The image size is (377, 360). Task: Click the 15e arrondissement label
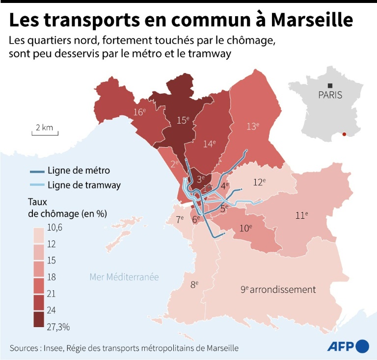pos(183,120)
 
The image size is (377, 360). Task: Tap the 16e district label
pos(139,112)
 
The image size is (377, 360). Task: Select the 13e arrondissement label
pos(252,126)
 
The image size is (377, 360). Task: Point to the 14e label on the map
pos(210,144)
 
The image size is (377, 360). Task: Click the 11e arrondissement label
pos(301,215)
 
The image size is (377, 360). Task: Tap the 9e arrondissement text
pos(278,289)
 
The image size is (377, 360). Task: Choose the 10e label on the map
pos(245,228)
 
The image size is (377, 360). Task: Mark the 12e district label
pos(259,182)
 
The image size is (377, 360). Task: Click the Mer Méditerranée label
pos(124,277)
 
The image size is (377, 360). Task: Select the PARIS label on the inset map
pos(330,95)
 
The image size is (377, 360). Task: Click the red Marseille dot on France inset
pos(345,134)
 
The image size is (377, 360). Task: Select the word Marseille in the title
pos(311,20)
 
